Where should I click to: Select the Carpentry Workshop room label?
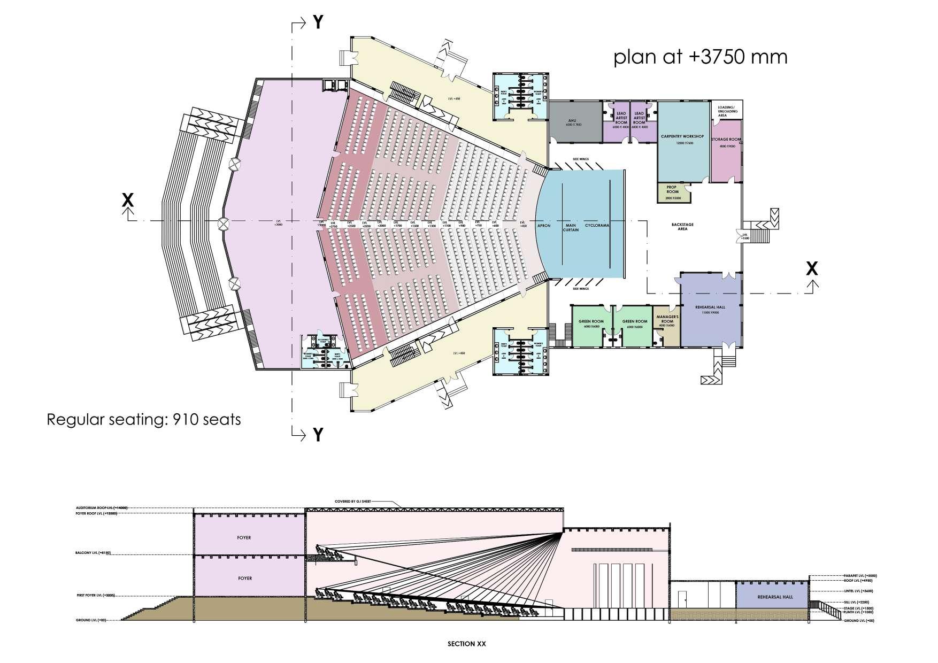point(682,137)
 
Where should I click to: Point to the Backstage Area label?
point(682,226)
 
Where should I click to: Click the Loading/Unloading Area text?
point(726,111)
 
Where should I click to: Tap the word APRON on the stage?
point(544,226)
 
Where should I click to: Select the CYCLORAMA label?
point(597,226)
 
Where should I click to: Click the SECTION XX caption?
point(466,644)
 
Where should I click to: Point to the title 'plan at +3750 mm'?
point(700,56)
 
